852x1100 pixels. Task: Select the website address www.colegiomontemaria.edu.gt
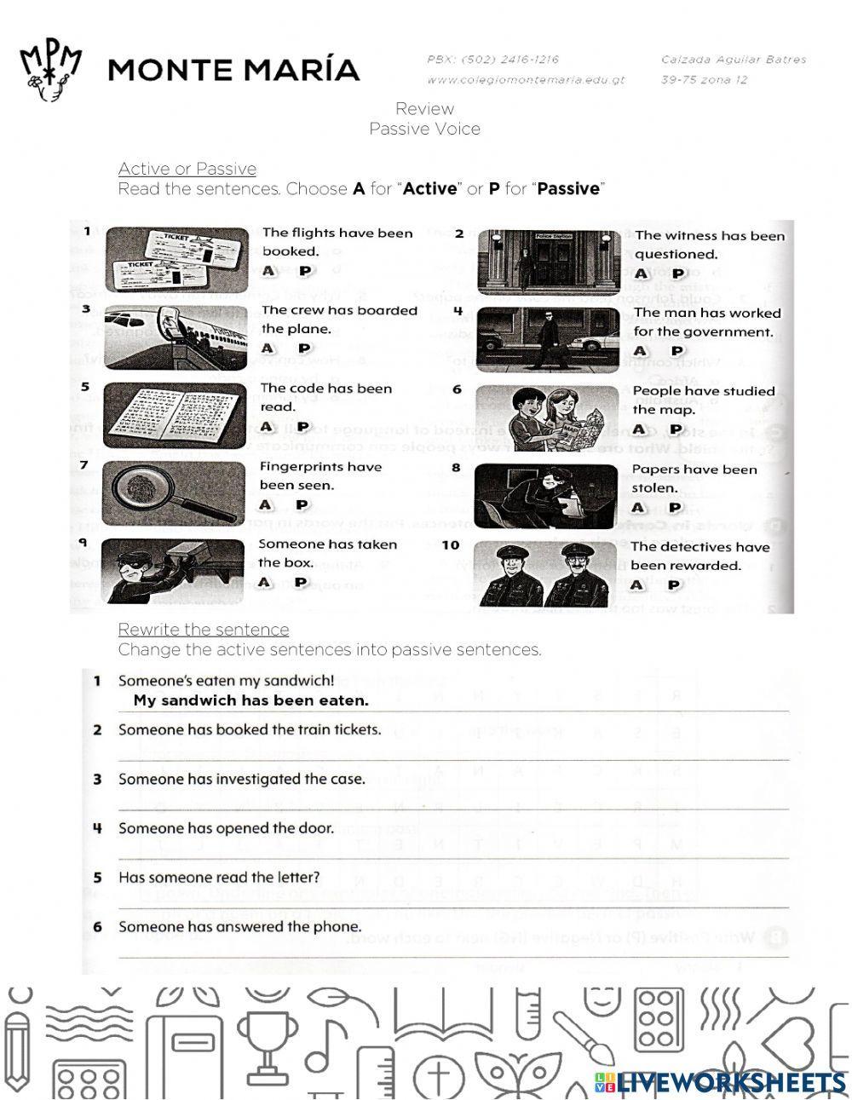tap(526, 80)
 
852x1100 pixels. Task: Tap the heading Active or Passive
tap(187, 169)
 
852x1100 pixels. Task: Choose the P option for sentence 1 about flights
tap(305, 271)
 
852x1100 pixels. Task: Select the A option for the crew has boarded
tap(268, 348)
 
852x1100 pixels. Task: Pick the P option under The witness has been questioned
tap(677, 274)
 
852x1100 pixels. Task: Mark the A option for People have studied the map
tap(640, 429)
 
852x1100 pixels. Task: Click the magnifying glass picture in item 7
tap(175, 493)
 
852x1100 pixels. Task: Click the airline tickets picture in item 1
tap(176, 259)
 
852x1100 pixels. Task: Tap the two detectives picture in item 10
tap(545, 573)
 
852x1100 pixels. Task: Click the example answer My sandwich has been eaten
tap(251, 701)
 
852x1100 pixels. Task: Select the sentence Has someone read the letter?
tap(219, 878)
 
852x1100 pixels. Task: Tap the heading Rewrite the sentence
tap(203, 630)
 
